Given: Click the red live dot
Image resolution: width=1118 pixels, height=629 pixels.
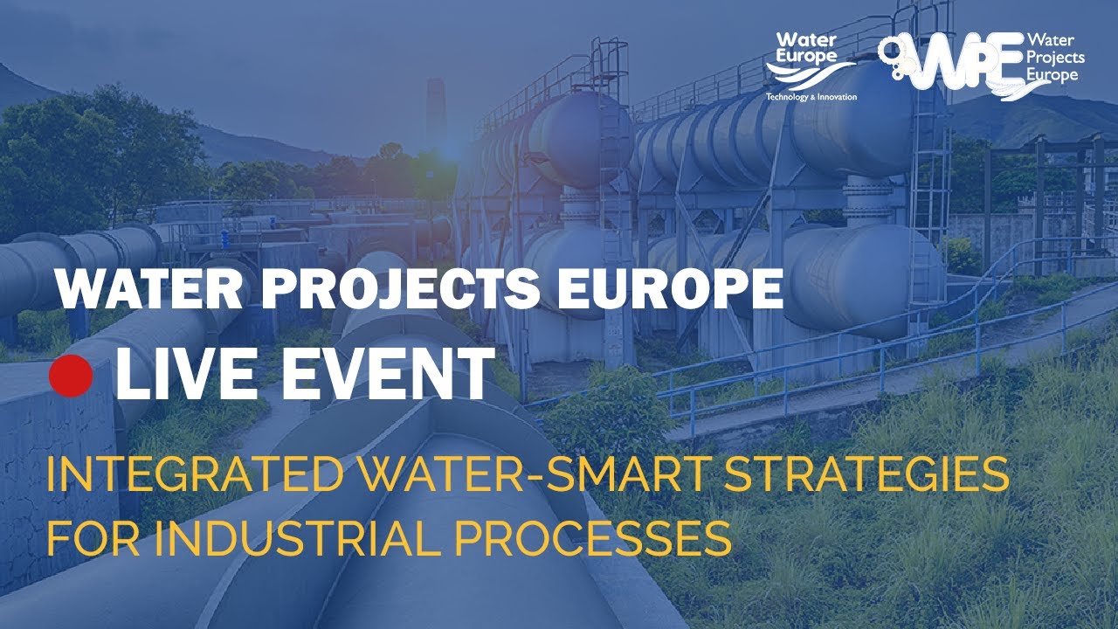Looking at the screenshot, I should tap(71, 376).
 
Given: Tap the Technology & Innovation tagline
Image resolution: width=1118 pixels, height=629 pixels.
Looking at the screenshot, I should tap(811, 96).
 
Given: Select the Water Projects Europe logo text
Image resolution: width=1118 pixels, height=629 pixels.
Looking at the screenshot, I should tap(1056, 58).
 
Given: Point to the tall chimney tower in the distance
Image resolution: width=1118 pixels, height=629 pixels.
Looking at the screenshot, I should tap(435, 114).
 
